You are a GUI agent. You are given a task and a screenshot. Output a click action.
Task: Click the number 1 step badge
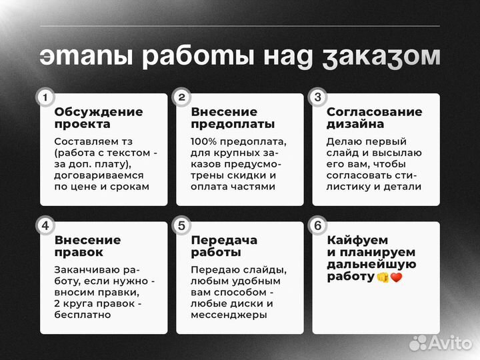pos(45,97)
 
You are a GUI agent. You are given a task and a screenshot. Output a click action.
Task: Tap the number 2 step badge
pos(181,97)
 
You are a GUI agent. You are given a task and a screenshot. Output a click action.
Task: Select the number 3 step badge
pos(317,97)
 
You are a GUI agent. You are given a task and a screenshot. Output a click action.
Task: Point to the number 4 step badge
pos(45,225)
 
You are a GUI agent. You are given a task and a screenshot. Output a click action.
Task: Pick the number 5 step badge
pos(181,225)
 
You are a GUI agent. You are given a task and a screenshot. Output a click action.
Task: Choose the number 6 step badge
pos(317,225)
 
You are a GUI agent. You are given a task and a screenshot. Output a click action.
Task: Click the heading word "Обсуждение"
pos(99,112)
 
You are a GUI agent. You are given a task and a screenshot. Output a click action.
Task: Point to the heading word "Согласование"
pos(374,112)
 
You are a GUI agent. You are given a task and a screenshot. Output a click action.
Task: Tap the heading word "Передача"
pos(224,240)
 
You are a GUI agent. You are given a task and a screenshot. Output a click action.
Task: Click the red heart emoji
pos(397,277)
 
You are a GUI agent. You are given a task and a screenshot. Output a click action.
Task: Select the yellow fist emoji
pos(383,277)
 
